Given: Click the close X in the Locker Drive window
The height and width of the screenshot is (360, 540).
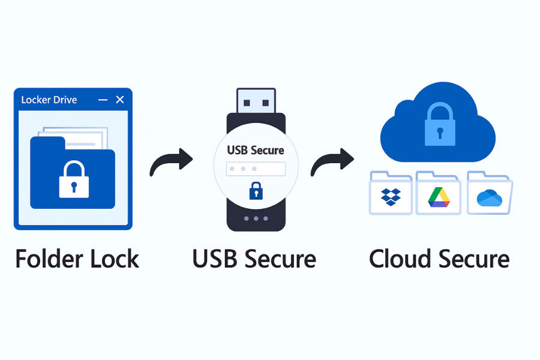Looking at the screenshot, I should (x=119, y=100).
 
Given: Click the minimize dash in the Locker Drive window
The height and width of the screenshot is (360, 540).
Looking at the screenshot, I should (x=103, y=100).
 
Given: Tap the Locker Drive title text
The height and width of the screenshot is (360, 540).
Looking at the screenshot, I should (x=49, y=100).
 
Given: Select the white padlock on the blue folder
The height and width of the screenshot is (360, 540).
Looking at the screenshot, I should (x=74, y=181).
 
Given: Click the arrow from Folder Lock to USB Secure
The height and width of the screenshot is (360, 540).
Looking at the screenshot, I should (x=170, y=162).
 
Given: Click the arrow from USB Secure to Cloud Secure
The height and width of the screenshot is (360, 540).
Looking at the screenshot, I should (x=332, y=162).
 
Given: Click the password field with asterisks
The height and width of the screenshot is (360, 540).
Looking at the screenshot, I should (x=256, y=169).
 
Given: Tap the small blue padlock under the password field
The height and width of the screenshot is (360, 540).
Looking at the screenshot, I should (x=256, y=191).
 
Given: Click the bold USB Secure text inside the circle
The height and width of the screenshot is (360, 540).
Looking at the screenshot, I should (x=256, y=150).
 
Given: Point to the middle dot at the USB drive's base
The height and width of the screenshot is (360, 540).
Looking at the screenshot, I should (x=256, y=218).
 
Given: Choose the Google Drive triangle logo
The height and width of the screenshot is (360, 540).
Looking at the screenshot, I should (x=439, y=196).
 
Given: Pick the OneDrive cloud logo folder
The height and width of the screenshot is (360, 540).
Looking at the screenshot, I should (x=490, y=197).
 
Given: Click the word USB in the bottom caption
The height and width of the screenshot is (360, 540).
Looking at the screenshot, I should (x=214, y=259).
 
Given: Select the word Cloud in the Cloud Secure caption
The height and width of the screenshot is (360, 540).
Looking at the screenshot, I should (x=400, y=259).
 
